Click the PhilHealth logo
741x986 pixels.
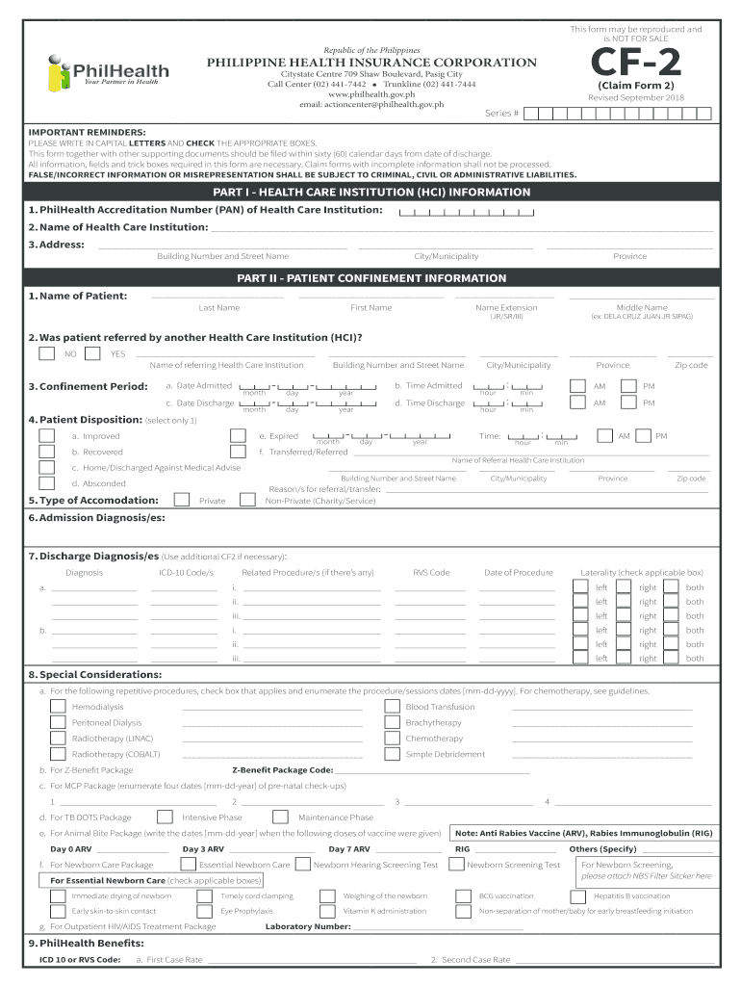pyautogui.click(x=108, y=72)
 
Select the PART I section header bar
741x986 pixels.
pyautogui.click(x=370, y=192)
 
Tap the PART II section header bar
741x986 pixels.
pyautogui.click(x=370, y=278)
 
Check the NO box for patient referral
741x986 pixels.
pyautogui.click(x=46, y=353)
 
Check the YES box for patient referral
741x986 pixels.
pyautogui.click(x=92, y=353)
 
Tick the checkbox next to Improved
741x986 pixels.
pyautogui.click(x=46, y=436)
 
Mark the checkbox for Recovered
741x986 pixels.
pyautogui.click(x=46, y=452)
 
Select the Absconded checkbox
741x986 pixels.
pyautogui.click(x=46, y=483)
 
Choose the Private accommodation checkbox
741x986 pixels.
pyautogui.click(x=181, y=500)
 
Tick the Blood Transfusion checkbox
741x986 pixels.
pyautogui.click(x=392, y=707)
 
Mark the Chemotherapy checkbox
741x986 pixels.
pyautogui.click(x=392, y=739)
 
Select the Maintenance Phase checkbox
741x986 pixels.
pyautogui.click(x=280, y=817)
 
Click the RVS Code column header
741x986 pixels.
pyautogui.click(x=431, y=573)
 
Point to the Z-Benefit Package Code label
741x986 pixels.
pyautogui.click(x=283, y=770)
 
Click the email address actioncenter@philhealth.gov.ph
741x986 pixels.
pyautogui.click(x=371, y=104)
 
